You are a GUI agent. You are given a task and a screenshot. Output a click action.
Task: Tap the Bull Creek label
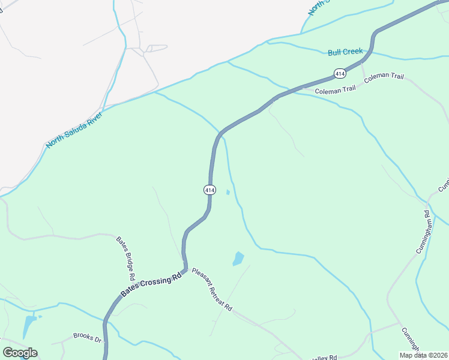(x=345, y=52)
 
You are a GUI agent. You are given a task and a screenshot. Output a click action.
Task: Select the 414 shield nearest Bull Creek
(x=340, y=73)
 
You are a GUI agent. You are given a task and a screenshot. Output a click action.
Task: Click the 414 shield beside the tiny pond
(x=209, y=190)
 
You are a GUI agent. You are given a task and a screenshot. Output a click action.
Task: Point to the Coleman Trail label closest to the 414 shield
(x=335, y=89)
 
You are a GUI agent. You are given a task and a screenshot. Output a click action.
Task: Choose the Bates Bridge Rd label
(x=124, y=259)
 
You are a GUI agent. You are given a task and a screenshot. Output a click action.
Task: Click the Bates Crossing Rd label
(x=151, y=285)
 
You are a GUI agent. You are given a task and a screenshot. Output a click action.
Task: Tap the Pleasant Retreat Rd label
(x=212, y=289)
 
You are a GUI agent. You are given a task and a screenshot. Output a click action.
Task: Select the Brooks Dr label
(x=87, y=338)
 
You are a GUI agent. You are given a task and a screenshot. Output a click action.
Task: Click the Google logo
(x=20, y=353)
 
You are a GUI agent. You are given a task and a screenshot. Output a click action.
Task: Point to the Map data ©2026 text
(x=423, y=355)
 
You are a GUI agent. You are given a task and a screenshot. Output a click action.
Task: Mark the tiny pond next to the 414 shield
(x=228, y=192)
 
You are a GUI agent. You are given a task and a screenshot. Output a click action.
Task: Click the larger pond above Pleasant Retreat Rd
(x=238, y=259)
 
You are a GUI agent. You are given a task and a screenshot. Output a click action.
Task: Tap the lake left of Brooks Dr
(x=29, y=326)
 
